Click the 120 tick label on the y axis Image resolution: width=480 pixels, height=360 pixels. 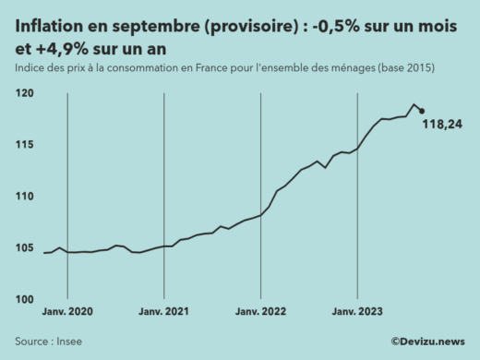[x=25, y=93]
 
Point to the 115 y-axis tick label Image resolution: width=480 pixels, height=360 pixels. [x=25, y=145]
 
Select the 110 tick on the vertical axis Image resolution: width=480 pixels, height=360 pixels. [x=25, y=197]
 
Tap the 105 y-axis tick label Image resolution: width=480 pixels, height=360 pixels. [x=25, y=248]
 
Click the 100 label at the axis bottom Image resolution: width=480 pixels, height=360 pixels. [x=25, y=299]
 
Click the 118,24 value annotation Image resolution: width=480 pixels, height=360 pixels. [x=442, y=126]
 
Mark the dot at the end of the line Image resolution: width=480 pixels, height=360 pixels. [x=422, y=111]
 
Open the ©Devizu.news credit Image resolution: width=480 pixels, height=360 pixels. [x=427, y=341]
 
